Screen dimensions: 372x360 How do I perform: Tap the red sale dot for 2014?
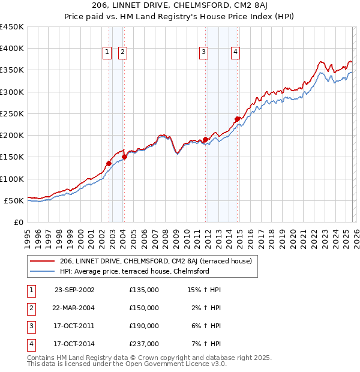coord(237,119)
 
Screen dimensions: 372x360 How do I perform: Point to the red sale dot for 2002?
coord(109,163)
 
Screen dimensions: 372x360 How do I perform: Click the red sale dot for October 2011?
coord(205,139)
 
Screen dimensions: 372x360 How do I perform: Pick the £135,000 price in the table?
coord(144,290)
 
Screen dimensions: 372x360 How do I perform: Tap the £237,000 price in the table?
coord(144,344)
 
